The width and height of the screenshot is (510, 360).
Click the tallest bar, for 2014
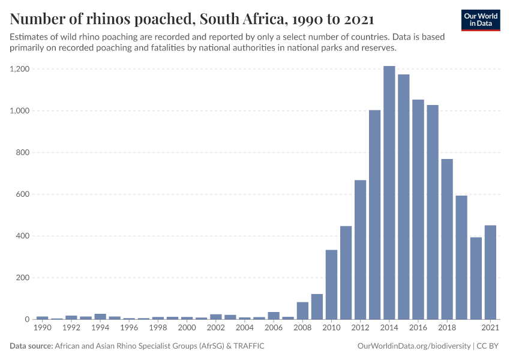[389, 193]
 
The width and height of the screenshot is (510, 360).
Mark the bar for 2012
[360, 250]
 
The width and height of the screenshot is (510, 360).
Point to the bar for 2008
[302, 311]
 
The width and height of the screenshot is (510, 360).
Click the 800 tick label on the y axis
[22, 152]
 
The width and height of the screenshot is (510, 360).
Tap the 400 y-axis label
[22, 236]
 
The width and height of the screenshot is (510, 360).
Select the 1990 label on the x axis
[42, 328]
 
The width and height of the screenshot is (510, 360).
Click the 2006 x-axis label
[274, 328]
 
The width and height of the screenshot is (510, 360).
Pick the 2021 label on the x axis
[490, 328]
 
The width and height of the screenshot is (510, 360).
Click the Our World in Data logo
[481, 20]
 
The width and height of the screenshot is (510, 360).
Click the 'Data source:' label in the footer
[31, 346]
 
